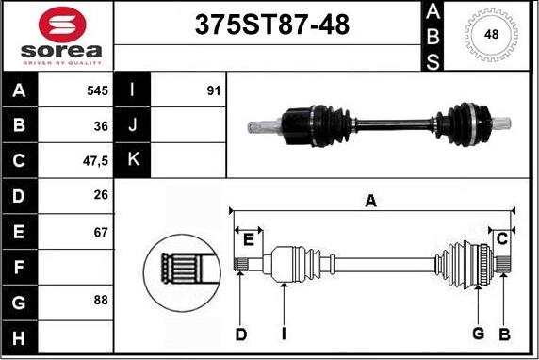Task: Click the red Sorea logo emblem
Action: click(62, 25)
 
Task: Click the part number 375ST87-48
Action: click(272, 25)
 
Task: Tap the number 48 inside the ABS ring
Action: click(491, 34)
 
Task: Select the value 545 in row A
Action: click(97, 90)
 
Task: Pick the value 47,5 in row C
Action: click(95, 161)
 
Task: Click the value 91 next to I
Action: click(214, 90)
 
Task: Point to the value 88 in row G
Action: click(101, 301)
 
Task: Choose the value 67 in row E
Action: click(101, 233)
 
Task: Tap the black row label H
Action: click(19, 338)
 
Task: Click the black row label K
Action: click(132, 160)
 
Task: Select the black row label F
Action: click(19, 267)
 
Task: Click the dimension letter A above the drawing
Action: click(371, 201)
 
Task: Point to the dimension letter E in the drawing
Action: click(248, 239)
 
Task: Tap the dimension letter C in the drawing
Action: click(502, 238)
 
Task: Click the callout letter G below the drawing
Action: click(479, 334)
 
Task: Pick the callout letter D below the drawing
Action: click(241, 335)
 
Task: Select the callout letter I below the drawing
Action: click(284, 334)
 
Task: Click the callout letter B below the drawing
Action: click(505, 335)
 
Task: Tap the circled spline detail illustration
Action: click(182, 272)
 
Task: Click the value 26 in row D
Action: click(101, 195)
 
